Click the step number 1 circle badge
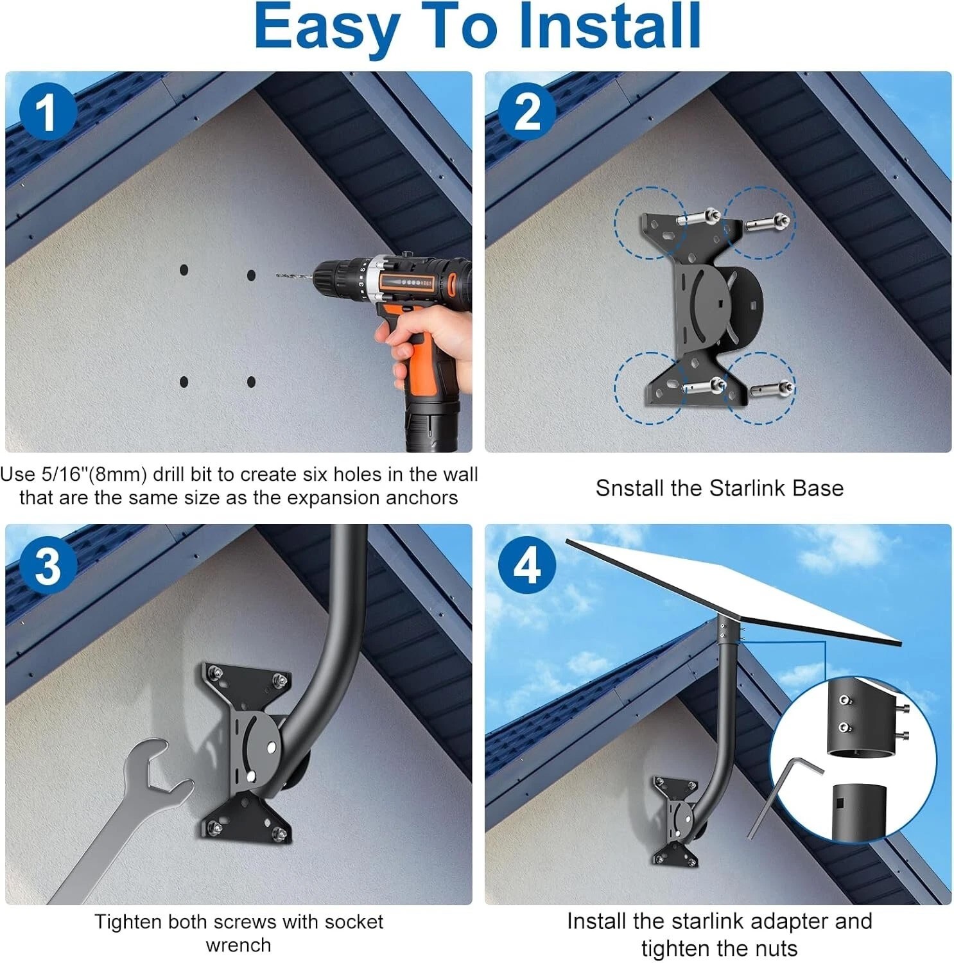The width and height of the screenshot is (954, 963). coord(47,113)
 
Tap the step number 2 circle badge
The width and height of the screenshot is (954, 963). coord(527,113)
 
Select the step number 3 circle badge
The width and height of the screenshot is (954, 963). coord(47,566)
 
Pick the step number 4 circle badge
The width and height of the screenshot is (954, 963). coord(527,566)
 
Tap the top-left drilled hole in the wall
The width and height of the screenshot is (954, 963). coord(184,270)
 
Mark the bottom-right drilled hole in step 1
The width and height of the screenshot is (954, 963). coord(251,382)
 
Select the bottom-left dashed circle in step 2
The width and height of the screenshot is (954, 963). coord(649,388)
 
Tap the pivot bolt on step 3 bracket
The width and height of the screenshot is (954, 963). coord(273,747)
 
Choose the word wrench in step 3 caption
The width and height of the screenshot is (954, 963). coord(238,945)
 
